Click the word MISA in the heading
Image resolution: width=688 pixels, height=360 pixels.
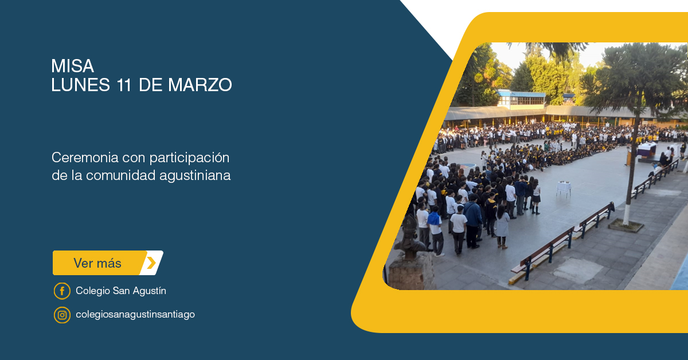[72, 66]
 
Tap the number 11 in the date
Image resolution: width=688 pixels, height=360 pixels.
[124, 85]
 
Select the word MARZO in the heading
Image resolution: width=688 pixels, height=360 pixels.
[200, 85]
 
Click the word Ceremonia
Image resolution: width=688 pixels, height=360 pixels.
[85, 158]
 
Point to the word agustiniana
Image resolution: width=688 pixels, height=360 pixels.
[195, 176]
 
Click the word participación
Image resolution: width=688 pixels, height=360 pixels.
[190, 158]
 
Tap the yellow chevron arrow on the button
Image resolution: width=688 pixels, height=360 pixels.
[151, 263]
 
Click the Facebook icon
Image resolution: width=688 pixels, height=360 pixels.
[62, 291]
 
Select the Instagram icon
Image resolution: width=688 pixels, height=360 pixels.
[62, 315]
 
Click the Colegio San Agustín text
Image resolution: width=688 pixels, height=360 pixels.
[121, 291]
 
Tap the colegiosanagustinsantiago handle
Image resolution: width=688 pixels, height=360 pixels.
[135, 315]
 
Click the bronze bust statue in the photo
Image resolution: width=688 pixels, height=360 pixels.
[410, 238]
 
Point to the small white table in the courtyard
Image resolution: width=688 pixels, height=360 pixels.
[564, 188]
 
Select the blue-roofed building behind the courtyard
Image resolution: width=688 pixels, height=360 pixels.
[521, 99]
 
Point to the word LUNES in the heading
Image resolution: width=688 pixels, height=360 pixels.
[80, 85]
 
